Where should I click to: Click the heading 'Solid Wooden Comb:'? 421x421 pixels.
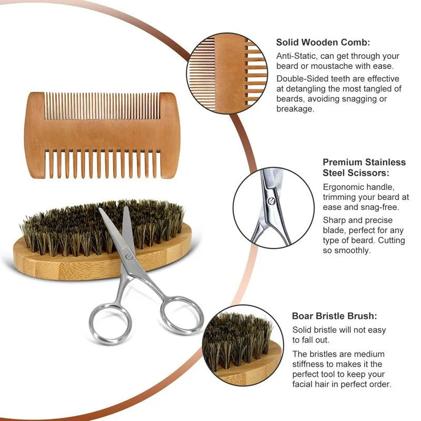click(323, 43)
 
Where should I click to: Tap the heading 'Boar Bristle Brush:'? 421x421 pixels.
click(334, 316)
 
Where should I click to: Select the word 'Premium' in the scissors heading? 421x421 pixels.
click(343, 162)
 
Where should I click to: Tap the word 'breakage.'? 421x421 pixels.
click(295, 109)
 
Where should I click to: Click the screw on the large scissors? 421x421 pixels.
click(129, 257)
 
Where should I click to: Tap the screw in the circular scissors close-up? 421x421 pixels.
click(272, 201)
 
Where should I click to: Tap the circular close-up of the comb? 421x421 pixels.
click(227, 74)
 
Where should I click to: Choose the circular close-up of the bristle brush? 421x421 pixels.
click(243, 346)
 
